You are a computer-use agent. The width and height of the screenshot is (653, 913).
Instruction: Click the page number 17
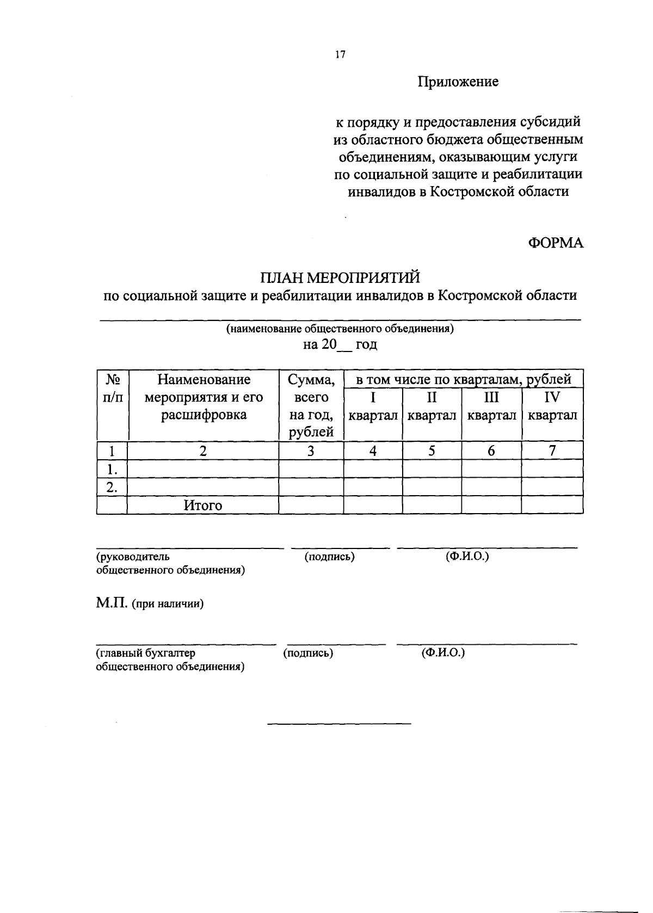click(x=341, y=55)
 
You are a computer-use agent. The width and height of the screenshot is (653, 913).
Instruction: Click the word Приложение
click(x=458, y=82)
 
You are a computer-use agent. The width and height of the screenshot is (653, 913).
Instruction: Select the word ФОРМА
click(x=556, y=243)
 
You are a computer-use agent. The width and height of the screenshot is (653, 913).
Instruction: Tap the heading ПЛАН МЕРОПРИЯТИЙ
click(x=340, y=277)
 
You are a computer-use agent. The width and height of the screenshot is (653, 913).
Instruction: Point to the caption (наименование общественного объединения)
click(x=340, y=329)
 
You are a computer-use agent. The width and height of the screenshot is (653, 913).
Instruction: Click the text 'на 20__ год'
click(x=340, y=344)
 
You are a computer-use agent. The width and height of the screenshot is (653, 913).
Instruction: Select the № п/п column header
click(x=112, y=388)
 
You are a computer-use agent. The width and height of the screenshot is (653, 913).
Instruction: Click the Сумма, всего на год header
click(x=311, y=405)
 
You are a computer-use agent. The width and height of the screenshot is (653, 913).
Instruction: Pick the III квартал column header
click(x=491, y=405)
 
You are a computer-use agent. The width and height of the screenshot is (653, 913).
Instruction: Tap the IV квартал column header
click(x=552, y=405)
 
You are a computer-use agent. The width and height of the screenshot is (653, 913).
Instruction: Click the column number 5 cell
click(x=432, y=451)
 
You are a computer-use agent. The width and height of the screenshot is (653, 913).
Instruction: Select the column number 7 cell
click(x=552, y=451)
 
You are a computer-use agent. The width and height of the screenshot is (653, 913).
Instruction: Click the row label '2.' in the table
click(x=112, y=487)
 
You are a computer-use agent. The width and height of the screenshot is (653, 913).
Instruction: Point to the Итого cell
click(x=203, y=505)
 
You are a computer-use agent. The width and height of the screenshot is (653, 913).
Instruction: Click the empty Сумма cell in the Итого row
click(x=311, y=505)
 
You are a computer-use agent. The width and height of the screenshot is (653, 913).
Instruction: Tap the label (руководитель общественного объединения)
click(x=170, y=563)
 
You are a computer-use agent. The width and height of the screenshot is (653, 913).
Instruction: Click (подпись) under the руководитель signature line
click(x=330, y=557)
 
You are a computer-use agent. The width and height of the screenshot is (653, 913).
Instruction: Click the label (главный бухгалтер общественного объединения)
click(x=170, y=659)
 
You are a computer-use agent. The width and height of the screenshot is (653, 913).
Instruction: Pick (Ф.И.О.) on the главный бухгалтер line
click(x=443, y=653)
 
